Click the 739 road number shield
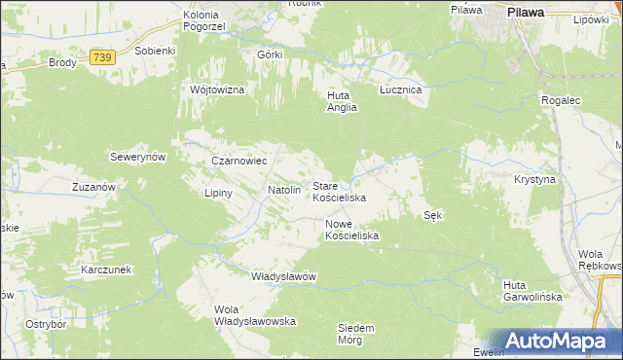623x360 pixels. [103, 58]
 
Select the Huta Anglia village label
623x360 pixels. [342, 102]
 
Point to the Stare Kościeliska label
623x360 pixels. [338, 191]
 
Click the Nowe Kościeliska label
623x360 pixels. [351, 230]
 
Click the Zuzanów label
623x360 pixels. [94, 185]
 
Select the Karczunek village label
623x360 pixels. [107, 269]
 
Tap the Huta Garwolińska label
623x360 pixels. [532, 291]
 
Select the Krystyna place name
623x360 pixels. [534, 180]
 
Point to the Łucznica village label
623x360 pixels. [399, 90]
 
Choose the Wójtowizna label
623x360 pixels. [217, 90]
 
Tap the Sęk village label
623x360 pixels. [434, 215]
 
